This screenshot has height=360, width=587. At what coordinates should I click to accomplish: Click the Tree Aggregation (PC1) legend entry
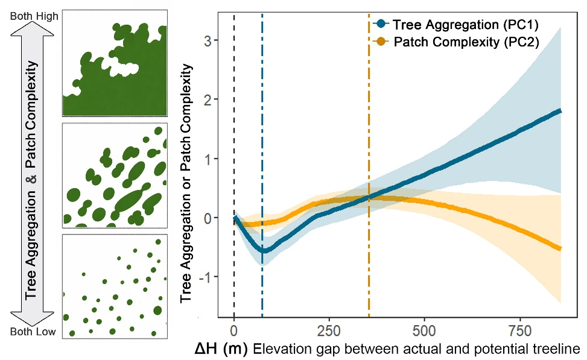pyautogui.click(x=456, y=25)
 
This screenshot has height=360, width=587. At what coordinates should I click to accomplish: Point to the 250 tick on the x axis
pyautogui.click(x=329, y=331)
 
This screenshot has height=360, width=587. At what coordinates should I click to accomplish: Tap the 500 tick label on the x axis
pyautogui.click(x=425, y=331)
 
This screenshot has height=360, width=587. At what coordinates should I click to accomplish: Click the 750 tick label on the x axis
pyautogui.click(x=521, y=331)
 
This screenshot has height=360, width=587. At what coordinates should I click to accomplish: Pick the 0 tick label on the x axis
pyautogui.click(x=234, y=331)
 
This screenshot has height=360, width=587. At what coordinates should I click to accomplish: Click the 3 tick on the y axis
pyautogui.click(x=208, y=40)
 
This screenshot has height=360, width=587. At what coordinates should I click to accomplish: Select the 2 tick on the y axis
pyautogui.click(x=208, y=99)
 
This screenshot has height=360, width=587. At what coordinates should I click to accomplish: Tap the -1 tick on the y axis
pyautogui.click(x=205, y=277)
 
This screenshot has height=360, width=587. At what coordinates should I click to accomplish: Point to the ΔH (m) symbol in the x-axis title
pyautogui.click(x=221, y=349)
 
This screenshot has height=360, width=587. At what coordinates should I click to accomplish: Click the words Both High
pyautogui.click(x=34, y=16)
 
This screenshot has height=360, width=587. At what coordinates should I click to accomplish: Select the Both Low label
pyautogui.click(x=33, y=332)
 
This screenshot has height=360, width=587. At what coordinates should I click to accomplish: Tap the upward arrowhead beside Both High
pyautogui.click(x=32, y=28)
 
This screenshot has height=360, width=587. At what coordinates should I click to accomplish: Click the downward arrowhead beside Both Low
pyautogui.click(x=32, y=318)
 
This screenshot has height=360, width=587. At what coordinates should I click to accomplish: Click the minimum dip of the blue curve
pyautogui.click(x=264, y=251)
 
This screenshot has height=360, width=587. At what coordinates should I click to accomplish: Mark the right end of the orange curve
pyautogui.click(x=560, y=248)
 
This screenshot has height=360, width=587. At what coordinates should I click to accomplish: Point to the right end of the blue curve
pyautogui.click(x=560, y=111)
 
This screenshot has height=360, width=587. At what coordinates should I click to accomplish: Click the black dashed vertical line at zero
pyautogui.click(x=234, y=165)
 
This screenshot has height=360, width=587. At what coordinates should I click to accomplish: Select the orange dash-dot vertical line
pyautogui.click(x=369, y=165)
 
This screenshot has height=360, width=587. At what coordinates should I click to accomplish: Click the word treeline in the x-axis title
pyautogui.click(x=558, y=349)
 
